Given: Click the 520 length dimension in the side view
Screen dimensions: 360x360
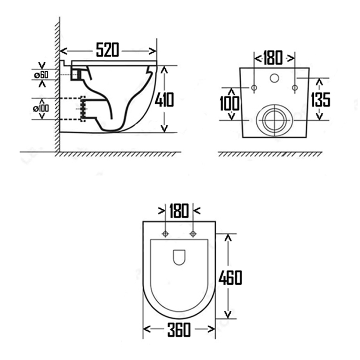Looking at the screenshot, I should click(107, 50).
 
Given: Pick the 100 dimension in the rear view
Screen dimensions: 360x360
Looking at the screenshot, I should click(230, 104).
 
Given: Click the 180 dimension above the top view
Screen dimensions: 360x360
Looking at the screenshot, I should click(179, 211).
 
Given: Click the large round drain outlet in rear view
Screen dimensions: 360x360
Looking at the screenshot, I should click(274, 120).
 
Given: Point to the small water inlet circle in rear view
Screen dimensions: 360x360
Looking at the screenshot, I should click(274, 78).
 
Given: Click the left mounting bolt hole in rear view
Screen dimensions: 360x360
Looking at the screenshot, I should click(254, 87).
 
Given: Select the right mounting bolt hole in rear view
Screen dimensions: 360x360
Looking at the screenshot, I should click(295, 87).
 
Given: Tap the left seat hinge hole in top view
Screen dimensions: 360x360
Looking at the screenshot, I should click(166, 234).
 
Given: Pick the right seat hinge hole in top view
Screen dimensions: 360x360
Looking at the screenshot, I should click(193, 234).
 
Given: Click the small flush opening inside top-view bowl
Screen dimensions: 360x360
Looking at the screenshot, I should click(179, 257).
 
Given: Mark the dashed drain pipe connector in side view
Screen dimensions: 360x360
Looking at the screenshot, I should click(83, 108).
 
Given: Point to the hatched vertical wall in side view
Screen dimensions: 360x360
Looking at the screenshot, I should click(57, 90).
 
